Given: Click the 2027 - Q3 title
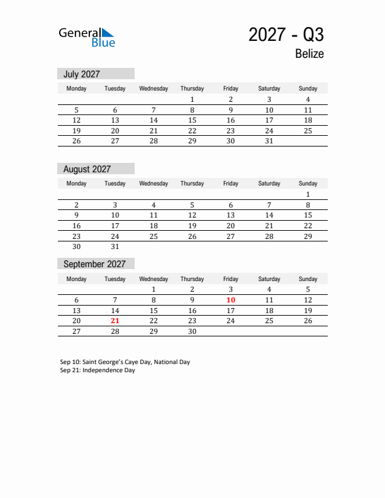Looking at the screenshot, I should coord(286,34).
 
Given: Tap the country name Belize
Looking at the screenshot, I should coord(309,53).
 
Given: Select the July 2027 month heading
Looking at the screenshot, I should coord(82,74).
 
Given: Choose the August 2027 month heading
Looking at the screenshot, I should coord(87,169).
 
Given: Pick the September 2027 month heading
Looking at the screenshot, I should coord(94,264).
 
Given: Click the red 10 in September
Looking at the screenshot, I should coord(231,301).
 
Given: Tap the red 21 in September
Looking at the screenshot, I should coord(115,321).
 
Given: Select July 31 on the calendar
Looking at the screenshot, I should coord(269,141).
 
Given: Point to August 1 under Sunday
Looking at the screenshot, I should coord(308,194).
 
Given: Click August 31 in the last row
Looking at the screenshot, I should coord(115,246).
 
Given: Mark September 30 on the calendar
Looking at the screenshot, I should coord(192,331).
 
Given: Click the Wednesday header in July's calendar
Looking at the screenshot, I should coord(153,89).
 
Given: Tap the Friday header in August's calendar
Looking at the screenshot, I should coord(231,184).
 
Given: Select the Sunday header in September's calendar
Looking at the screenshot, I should coord(308,279).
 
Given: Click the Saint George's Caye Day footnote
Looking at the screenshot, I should coord(125,362).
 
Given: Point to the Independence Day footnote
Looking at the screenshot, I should coord(98,370).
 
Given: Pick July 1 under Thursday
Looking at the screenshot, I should coord(192,99).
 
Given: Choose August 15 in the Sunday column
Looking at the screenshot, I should coord(308,215).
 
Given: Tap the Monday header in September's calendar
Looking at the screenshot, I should coord(77,279).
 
